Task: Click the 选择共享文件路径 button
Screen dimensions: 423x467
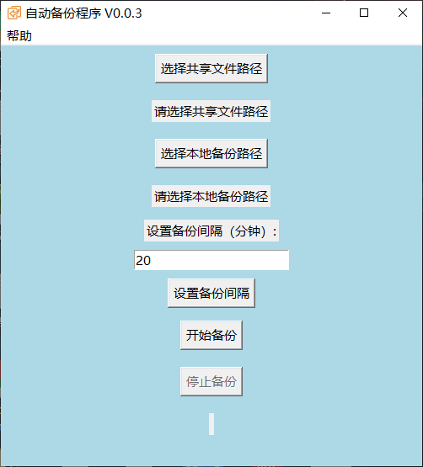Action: click(x=211, y=68)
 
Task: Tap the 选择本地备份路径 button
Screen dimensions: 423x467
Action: click(x=211, y=153)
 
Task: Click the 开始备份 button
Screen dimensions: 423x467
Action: click(x=211, y=335)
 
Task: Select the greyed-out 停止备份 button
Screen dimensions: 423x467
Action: click(x=211, y=381)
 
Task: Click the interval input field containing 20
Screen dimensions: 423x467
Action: click(x=211, y=260)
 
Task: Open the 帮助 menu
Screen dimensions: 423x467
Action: click(x=19, y=36)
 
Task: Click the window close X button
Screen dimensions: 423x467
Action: click(x=403, y=13)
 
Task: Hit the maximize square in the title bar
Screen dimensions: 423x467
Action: click(x=364, y=13)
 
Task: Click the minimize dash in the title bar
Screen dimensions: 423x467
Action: click(x=326, y=13)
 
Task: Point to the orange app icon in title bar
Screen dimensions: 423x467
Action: click(x=14, y=13)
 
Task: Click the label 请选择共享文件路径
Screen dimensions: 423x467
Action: click(x=211, y=111)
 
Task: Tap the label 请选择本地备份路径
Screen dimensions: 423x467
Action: click(x=211, y=196)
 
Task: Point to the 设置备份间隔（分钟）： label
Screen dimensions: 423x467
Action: click(x=211, y=231)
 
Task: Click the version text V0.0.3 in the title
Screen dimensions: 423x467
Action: click(x=123, y=13)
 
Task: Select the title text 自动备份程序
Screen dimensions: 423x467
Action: click(x=63, y=13)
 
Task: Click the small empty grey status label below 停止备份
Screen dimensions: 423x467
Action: click(x=211, y=424)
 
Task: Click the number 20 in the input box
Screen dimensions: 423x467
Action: click(x=143, y=261)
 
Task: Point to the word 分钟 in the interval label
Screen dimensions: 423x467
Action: click(x=247, y=231)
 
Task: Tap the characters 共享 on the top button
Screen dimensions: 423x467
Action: click(x=198, y=68)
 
